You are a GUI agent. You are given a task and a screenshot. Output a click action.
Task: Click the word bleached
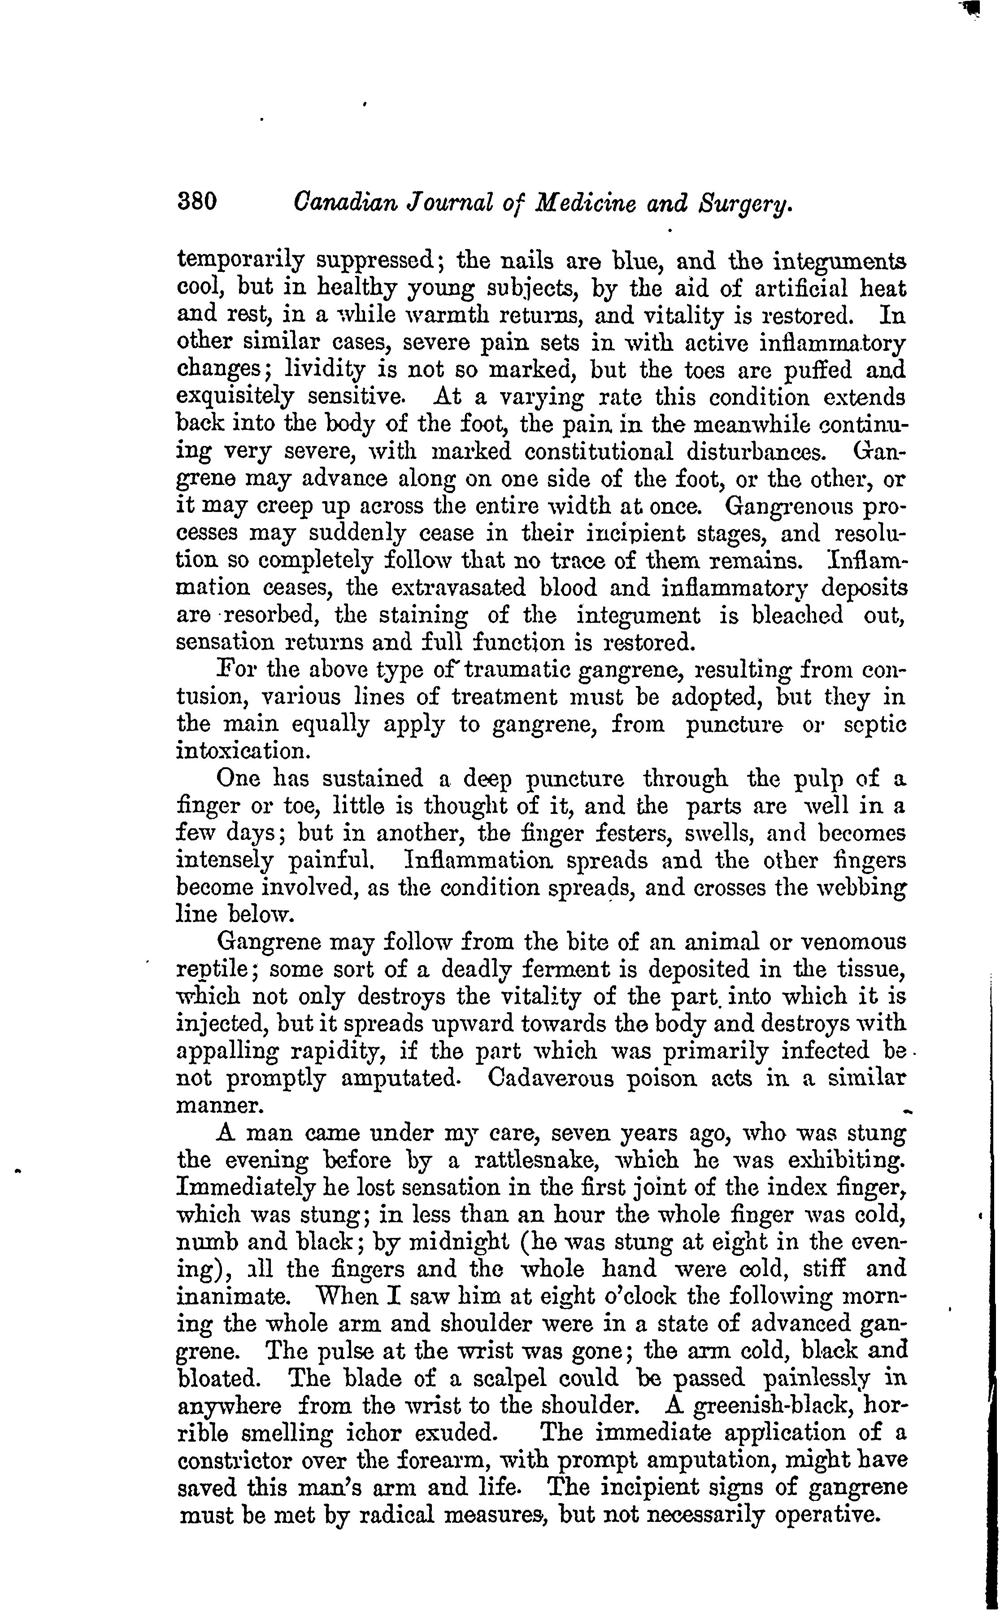coord(798,616)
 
